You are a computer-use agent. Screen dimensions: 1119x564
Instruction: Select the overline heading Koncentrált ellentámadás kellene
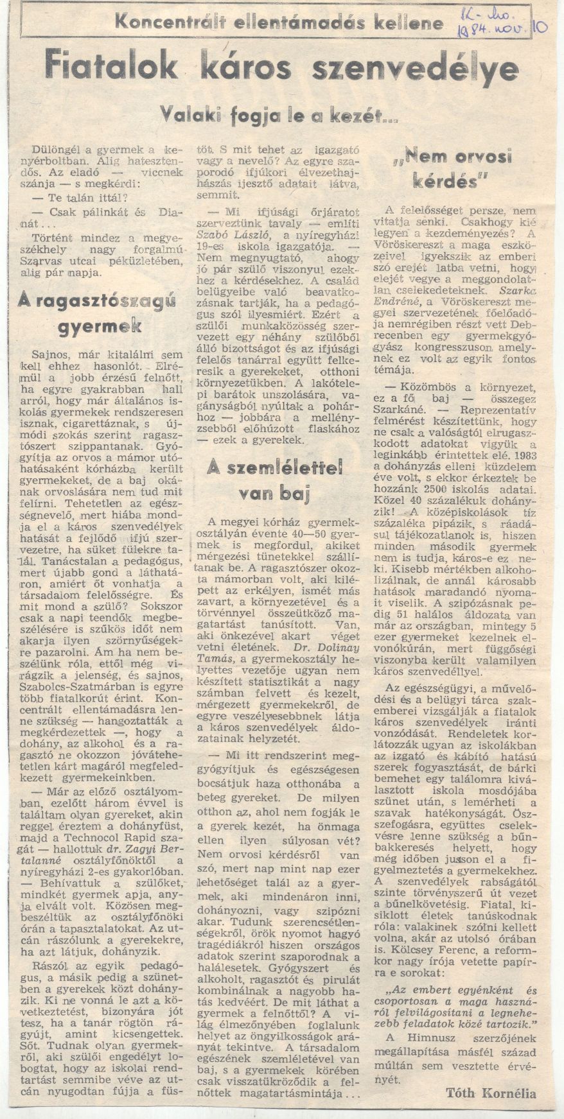279,24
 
